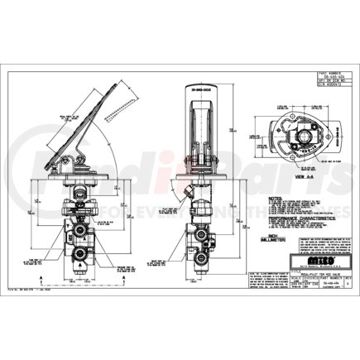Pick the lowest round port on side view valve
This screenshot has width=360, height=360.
point(83,247)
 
